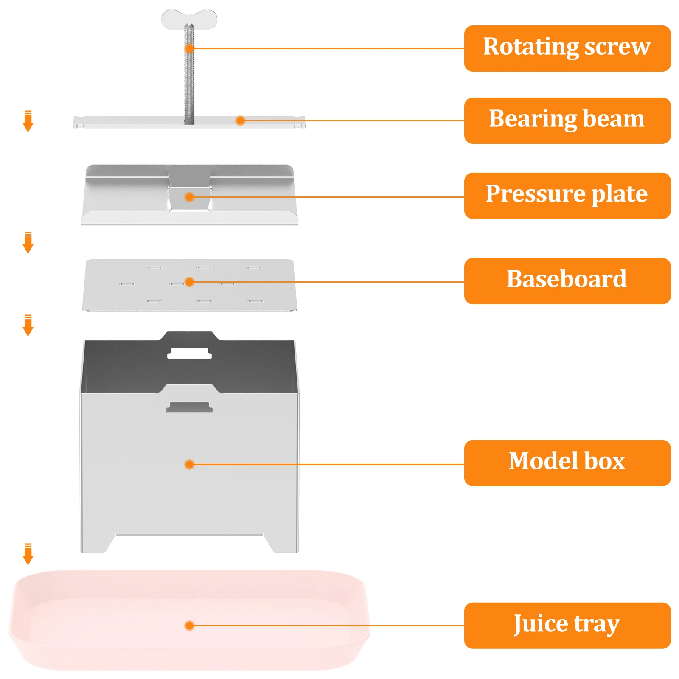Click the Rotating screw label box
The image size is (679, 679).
567,48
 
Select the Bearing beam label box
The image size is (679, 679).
567,121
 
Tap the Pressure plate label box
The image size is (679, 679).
567,196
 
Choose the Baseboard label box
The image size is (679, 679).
567,281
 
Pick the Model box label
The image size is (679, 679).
567,463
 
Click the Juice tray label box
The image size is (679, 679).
567,625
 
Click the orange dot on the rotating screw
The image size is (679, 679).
189,48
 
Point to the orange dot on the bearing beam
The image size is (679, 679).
240,121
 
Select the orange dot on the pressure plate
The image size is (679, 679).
189,197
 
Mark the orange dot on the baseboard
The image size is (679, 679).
189,282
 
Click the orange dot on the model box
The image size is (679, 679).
189,464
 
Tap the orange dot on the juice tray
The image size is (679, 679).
189,626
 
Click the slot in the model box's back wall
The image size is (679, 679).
189,354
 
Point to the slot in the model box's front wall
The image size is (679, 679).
189,407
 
